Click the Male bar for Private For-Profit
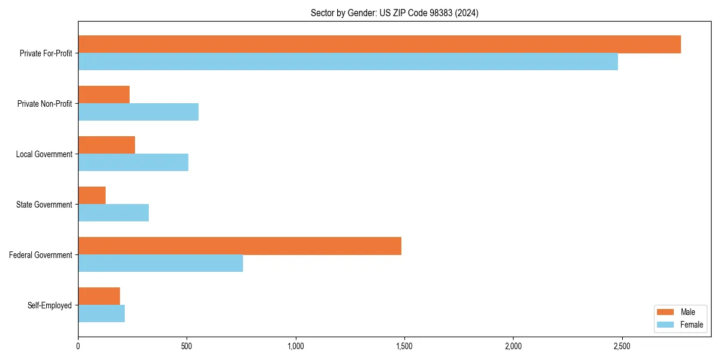pos(379,44)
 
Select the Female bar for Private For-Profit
pos(348,62)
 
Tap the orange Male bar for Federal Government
pos(239,246)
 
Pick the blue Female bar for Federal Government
pos(160,263)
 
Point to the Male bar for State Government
pos(92,196)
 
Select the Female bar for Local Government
pos(133,163)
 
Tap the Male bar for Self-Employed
pos(99,296)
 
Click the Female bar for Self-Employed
pos(101,314)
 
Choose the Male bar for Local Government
pos(106,145)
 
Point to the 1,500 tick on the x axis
pos(404,346)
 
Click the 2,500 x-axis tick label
pos(622,346)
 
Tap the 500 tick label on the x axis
pos(187,346)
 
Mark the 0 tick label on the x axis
pos(78,346)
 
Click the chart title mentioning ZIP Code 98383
pos(394,13)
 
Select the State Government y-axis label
pos(44,205)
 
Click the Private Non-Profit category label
pos(44,104)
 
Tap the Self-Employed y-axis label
pos(50,305)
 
